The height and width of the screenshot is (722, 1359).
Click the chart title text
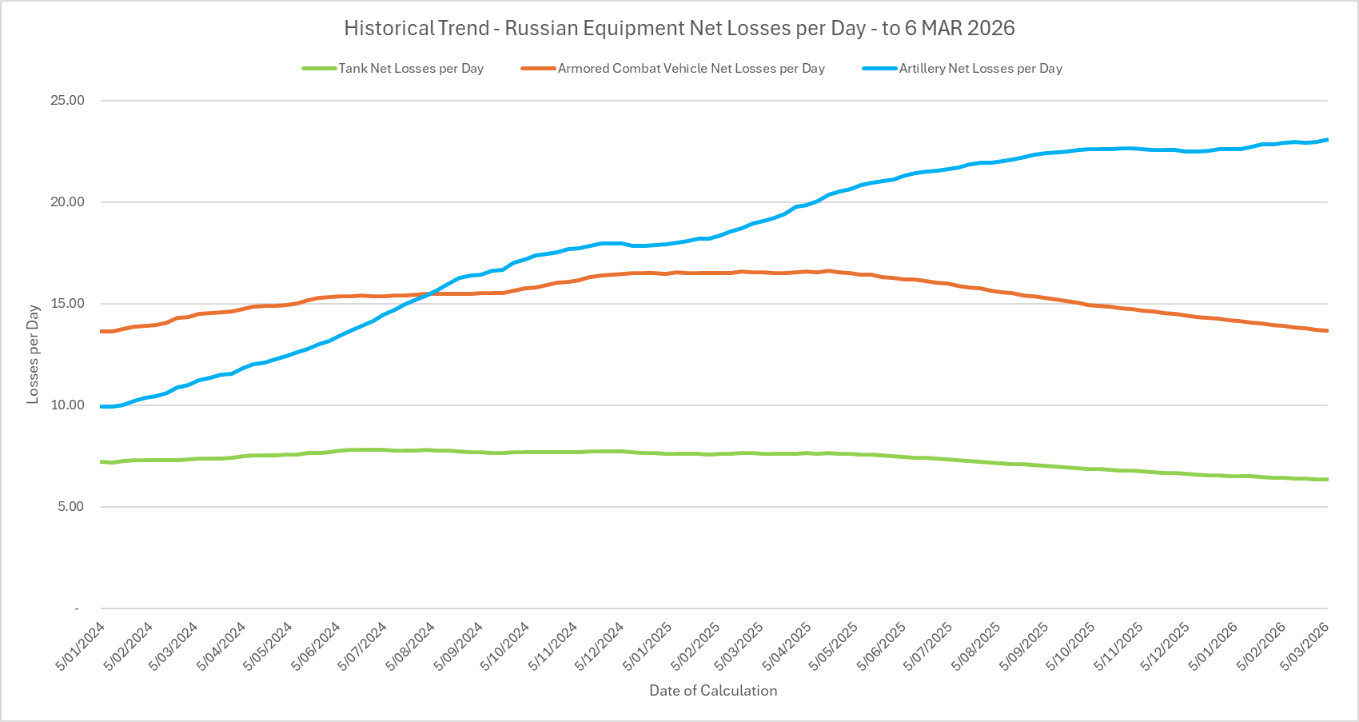[679, 29]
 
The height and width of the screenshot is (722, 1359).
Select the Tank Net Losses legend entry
[410, 69]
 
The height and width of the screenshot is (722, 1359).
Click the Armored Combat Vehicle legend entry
[691, 69]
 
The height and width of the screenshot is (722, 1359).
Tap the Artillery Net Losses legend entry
[980, 69]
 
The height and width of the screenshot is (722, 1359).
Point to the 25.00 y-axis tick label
[67, 101]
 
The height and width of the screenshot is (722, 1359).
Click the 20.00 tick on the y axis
[67, 202]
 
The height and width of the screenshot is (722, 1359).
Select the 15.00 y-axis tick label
[67, 304]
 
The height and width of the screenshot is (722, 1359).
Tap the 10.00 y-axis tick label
[67, 405]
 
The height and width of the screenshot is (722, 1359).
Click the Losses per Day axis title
[33, 353]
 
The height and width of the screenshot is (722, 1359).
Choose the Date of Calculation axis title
[712, 691]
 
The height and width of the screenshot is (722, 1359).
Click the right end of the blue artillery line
[1327, 140]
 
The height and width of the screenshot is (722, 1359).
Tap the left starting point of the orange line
[102, 331]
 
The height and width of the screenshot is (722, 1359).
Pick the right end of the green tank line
[1327, 479]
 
